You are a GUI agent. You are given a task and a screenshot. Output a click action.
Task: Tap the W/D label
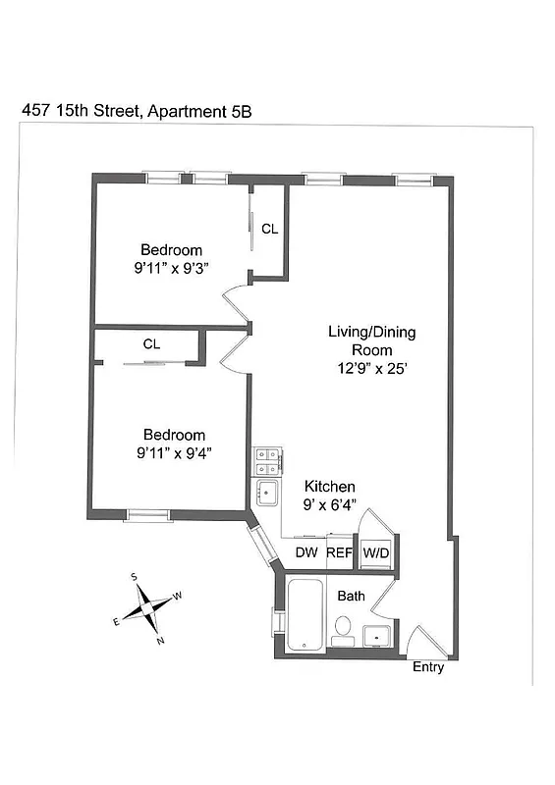[x=376, y=553]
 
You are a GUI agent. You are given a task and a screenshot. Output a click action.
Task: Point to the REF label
[x=339, y=553]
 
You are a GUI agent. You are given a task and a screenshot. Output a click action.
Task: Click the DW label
[x=306, y=553]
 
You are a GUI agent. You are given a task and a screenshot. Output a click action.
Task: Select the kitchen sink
[x=267, y=492]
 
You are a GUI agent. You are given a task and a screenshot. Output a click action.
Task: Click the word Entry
[x=428, y=668]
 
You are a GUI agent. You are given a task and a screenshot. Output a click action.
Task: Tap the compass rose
[x=146, y=607]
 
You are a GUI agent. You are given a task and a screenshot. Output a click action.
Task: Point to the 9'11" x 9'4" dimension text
[x=174, y=453]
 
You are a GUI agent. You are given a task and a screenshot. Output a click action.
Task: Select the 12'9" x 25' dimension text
[x=372, y=368]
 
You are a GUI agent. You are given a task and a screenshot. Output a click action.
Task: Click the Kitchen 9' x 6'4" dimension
[x=329, y=504]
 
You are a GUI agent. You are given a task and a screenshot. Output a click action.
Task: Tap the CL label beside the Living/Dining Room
[x=269, y=230]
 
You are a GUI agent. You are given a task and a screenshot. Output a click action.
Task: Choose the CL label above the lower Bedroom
[x=151, y=344]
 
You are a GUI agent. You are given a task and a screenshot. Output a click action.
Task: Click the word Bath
[x=351, y=597]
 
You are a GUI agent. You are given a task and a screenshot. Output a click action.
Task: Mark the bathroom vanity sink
[x=376, y=637]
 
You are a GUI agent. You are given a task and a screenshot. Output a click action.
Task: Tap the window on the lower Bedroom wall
[x=147, y=513]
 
